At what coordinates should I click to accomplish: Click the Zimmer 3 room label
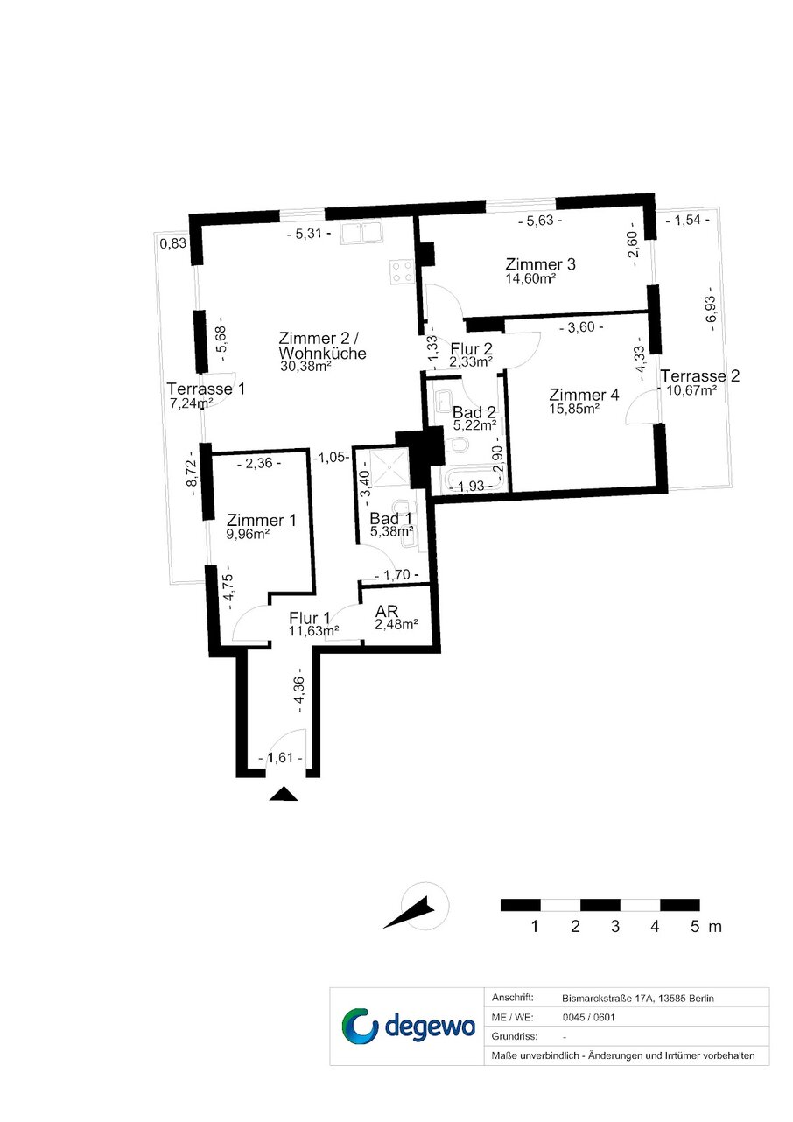click(x=540, y=264)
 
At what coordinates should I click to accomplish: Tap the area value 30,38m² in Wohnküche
click(x=306, y=366)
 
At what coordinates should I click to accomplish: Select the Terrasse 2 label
click(x=699, y=375)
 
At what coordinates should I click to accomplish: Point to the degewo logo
click(x=408, y=1026)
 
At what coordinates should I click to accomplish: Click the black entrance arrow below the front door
click(x=284, y=794)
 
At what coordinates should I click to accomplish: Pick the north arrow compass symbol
click(x=417, y=906)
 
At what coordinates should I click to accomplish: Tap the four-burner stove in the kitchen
click(x=403, y=272)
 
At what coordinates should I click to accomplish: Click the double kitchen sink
click(x=362, y=234)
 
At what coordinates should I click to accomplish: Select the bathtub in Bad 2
click(x=471, y=480)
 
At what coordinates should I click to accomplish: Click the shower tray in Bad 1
click(x=389, y=468)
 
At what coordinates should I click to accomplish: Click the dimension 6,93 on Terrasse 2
click(x=712, y=313)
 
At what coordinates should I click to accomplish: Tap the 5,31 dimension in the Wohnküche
click(x=309, y=234)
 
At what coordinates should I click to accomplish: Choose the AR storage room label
click(x=387, y=611)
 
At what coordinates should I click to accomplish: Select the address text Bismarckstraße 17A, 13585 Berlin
click(x=638, y=999)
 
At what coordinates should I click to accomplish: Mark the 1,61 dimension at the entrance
click(x=281, y=758)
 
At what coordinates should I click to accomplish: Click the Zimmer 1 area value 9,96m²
click(x=248, y=534)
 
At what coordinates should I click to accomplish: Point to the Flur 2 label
click(x=471, y=348)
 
